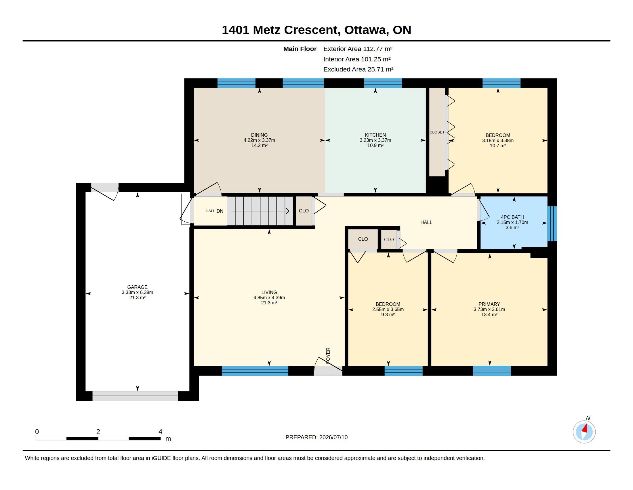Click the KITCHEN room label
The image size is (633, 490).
[x=375, y=135]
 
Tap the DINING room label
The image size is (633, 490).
[x=259, y=135]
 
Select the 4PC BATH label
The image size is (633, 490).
[x=512, y=217]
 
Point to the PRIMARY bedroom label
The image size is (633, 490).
[x=489, y=304]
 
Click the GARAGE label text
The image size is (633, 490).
[x=137, y=287]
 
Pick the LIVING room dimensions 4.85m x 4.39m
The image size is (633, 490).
[x=269, y=297]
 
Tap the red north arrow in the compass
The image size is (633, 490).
[x=585, y=428]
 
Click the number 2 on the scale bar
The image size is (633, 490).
[x=98, y=432]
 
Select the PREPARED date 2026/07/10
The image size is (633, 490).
[x=333, y=438]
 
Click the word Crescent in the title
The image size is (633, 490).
[x=310, y=30]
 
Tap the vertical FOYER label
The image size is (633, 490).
[x=328, y=355]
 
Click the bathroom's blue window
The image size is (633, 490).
[x=552, y=223]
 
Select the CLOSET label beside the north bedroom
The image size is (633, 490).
[x=437, y=132]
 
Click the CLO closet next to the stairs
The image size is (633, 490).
[x=304, y=211]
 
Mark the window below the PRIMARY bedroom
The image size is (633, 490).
[x=491, y=371]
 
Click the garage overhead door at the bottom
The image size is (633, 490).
[x=135, y=396]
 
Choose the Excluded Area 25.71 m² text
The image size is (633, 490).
[x=358, y=69]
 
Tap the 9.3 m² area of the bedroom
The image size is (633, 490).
[x=388, y=315]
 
